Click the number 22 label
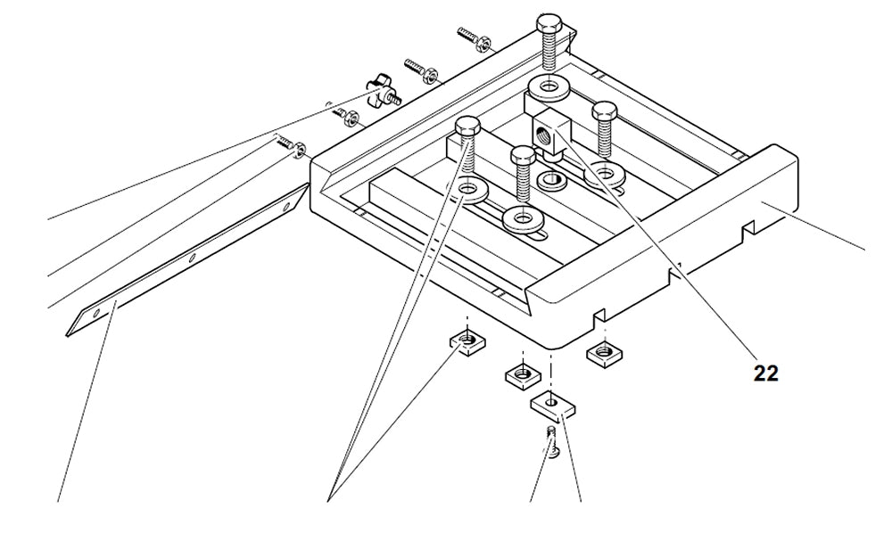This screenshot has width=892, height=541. pyautogui.click(x=765, y=373)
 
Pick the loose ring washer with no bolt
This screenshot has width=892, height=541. pyautogui.click(x=550, y=182)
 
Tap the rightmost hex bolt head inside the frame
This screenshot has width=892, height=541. pyautogui.click(x=605, y=111)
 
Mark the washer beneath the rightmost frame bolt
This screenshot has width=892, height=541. pyautogui.click(x=605, y=170)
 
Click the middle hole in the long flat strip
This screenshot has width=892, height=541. pyautogui.click(x=193, y=258)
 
